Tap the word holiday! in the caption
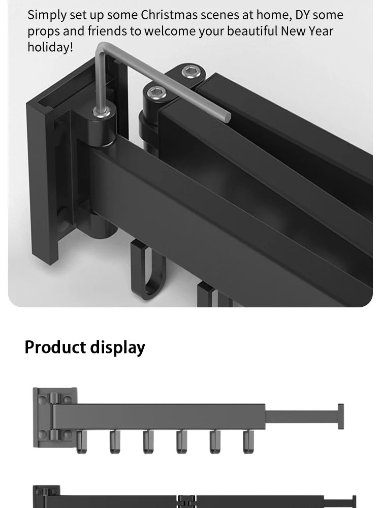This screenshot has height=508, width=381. [50, 48]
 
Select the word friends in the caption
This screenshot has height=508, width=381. [107, 31]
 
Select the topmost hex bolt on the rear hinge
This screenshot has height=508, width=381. [190, 71]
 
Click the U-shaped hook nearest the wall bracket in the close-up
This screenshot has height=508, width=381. [147, 269]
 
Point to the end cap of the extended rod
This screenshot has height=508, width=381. [340, 417]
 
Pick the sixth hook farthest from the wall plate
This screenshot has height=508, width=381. [247, 441]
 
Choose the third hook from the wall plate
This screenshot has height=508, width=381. [148, 441]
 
